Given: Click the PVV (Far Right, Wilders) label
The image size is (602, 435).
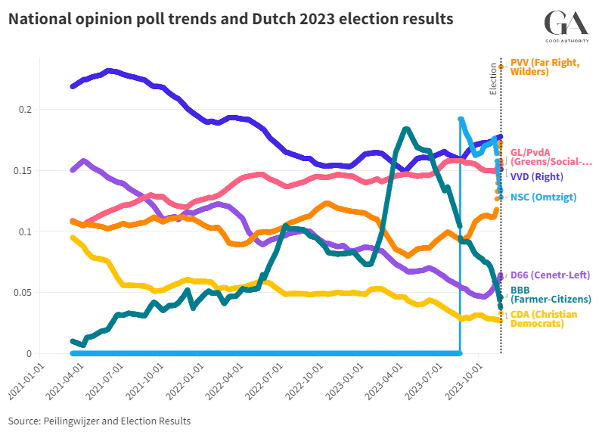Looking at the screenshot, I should (545, 67).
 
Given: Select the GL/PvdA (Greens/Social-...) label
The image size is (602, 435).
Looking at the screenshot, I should (551, 157).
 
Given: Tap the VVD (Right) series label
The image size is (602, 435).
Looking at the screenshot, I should (540, 177).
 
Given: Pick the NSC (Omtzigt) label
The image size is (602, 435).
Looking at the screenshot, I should (543, 197).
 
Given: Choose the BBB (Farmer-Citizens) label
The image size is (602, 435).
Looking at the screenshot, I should (550, 294).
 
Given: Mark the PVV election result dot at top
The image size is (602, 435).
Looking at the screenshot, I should (501, 67).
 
